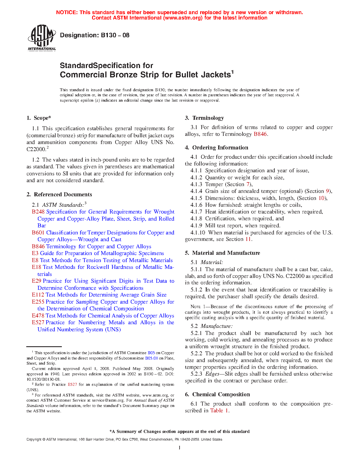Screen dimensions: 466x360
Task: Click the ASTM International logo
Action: (42, 38)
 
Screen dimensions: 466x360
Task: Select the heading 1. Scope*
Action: (39, 118)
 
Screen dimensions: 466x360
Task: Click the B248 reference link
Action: (38, 212)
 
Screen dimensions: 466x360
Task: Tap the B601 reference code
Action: (38, 233)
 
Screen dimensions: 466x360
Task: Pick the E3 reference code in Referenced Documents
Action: (35, 253)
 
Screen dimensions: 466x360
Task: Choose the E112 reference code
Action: (38, 295)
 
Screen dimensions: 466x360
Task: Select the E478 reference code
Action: (38, 316)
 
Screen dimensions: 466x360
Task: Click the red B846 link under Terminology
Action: (260, 134)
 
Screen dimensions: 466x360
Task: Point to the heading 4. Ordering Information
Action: (217, 148)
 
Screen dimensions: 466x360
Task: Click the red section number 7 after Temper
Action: (248, 184)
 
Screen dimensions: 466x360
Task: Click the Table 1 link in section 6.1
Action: (219, 411)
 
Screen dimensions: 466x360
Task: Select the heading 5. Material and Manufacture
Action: (222, 253)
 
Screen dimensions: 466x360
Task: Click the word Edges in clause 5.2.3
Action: (212, 374)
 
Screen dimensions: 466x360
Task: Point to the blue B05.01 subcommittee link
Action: (151, 358)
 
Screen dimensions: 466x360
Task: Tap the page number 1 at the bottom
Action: (179, 447)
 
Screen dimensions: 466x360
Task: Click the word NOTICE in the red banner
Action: (67, 12)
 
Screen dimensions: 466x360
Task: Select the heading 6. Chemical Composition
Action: (217, 395)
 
